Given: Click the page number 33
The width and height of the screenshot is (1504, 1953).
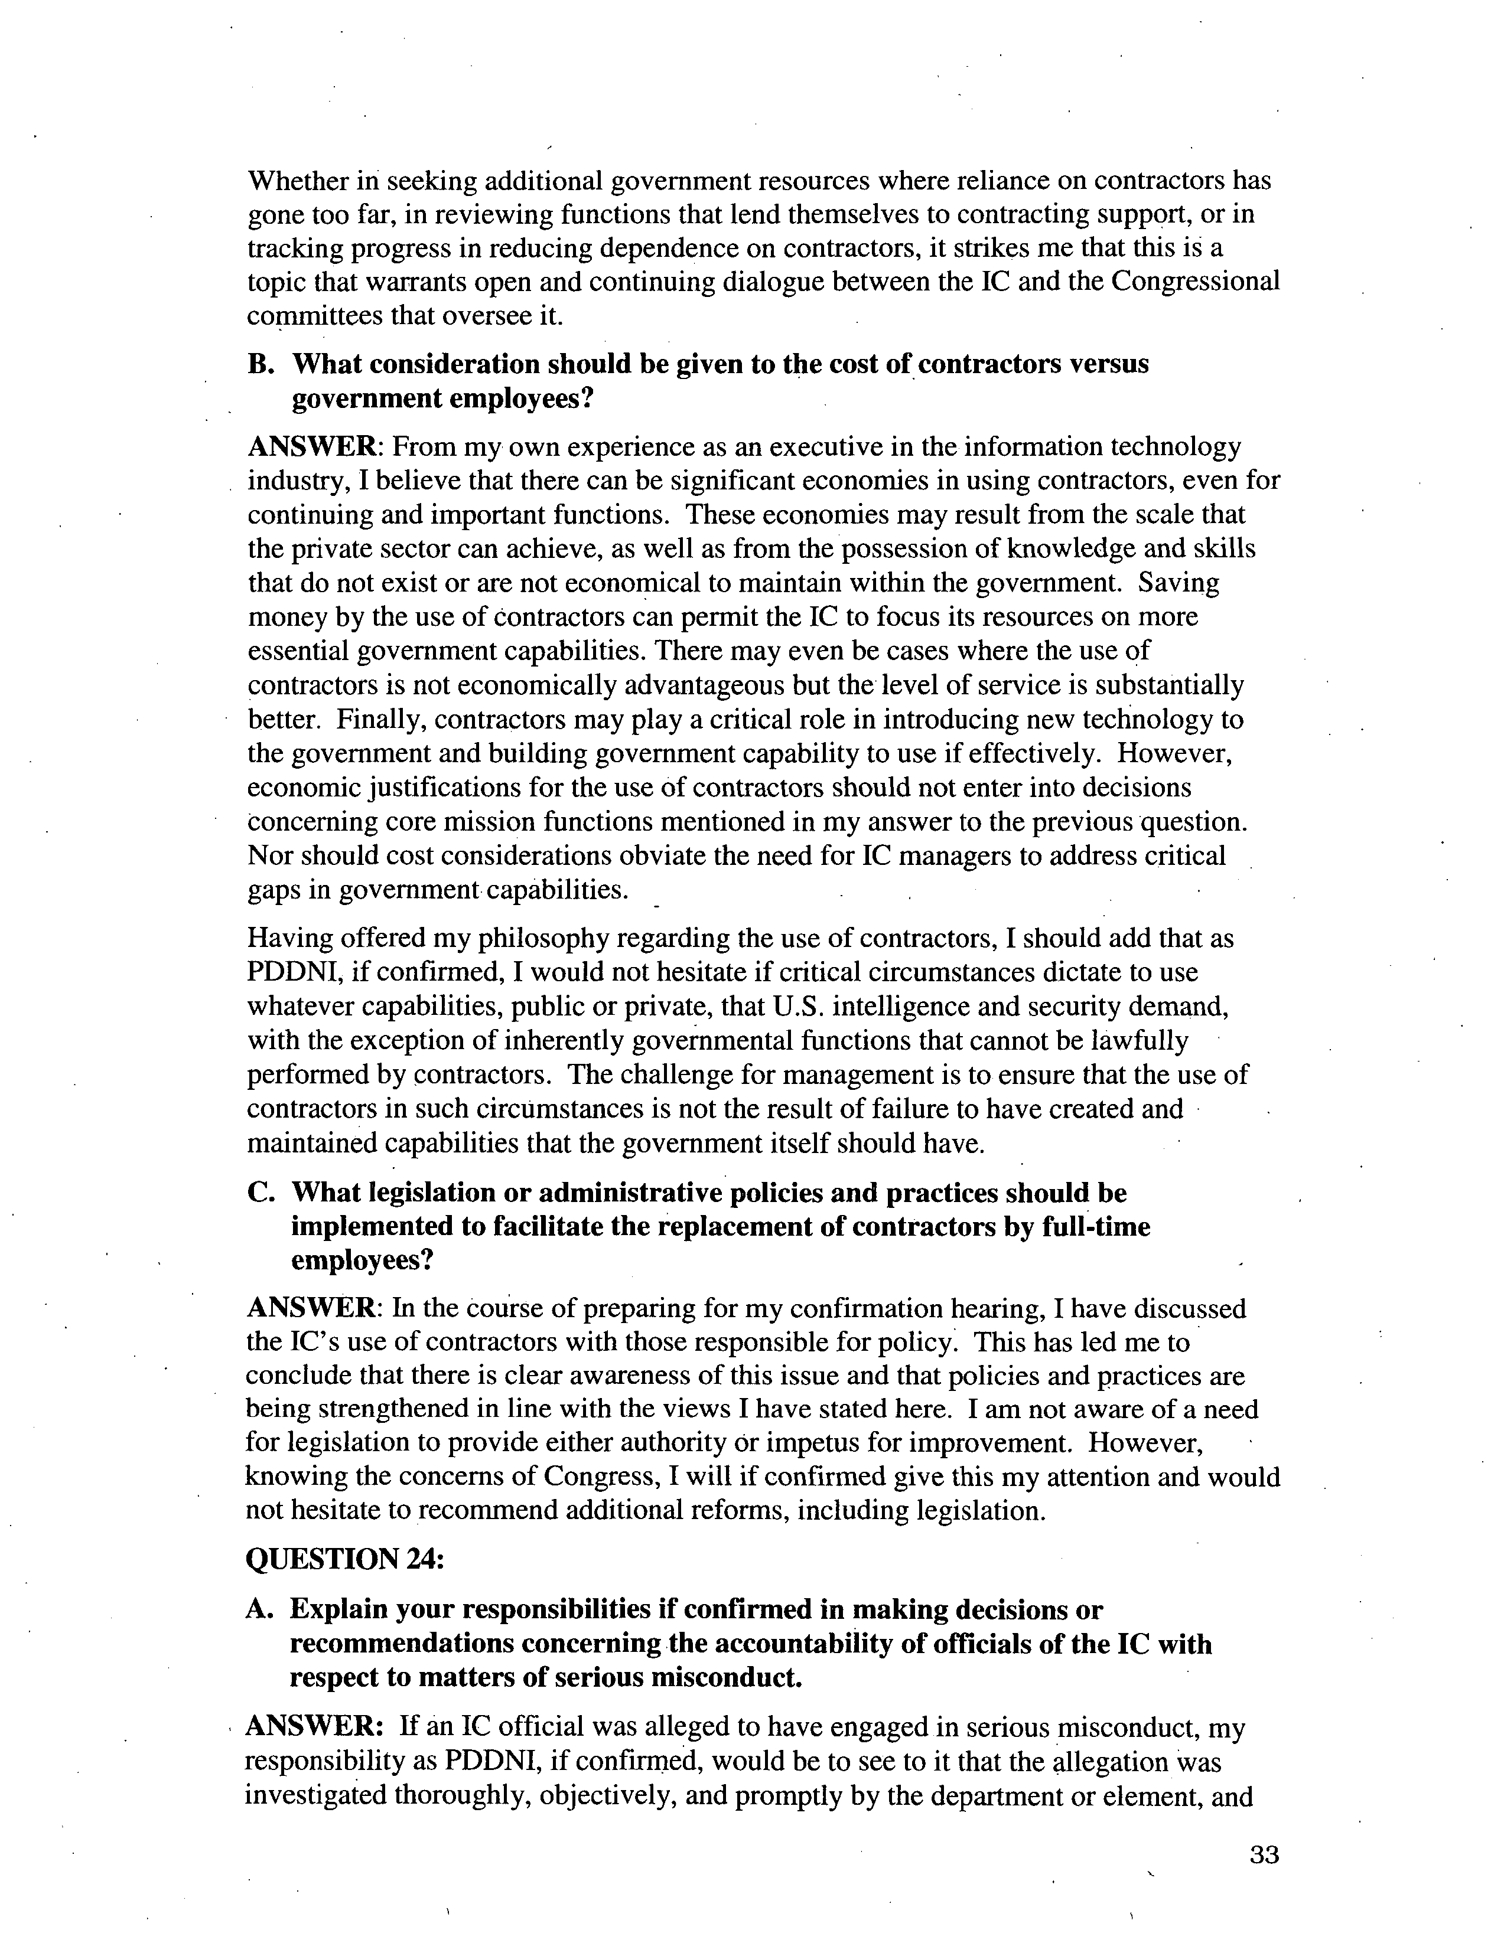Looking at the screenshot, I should [x=1264, y=1854].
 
